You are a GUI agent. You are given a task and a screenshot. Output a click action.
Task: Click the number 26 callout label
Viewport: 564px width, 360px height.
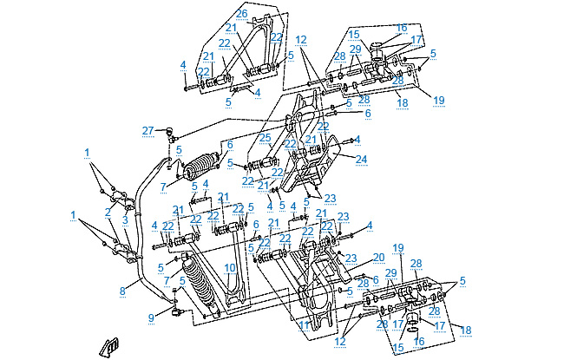241,15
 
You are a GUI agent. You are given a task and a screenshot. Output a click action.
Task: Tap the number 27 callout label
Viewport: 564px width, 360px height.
148,130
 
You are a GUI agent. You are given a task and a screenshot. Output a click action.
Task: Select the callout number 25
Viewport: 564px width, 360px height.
266,138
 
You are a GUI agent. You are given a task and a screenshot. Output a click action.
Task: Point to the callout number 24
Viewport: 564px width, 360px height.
362,159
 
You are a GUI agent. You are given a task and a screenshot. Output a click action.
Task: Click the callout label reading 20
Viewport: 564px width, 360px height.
378,257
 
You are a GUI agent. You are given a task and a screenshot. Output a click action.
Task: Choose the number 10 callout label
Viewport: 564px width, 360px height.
230,267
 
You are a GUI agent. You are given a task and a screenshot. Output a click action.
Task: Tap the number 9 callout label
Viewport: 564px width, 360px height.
151,317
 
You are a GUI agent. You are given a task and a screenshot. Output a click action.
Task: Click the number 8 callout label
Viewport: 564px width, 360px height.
122,291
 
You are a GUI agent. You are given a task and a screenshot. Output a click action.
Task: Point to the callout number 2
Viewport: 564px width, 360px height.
108,211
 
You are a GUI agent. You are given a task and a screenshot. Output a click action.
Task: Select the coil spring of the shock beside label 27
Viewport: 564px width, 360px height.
204,165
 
